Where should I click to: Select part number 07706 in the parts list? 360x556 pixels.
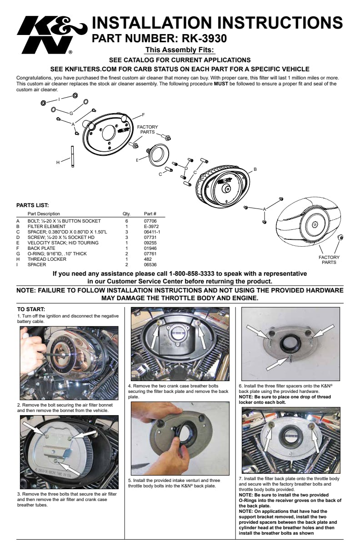[x=150, y=221]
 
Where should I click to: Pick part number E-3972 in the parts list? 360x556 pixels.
[x=151, y=226]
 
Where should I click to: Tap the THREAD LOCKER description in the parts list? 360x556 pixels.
[x=47, y=259]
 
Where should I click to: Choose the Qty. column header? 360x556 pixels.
[x=126, y=213]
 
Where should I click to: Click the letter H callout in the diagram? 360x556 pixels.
[x=58, y=162]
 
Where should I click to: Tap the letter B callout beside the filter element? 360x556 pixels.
[x=255, y=169]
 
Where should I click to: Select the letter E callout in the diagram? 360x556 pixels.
[x=137, y=160]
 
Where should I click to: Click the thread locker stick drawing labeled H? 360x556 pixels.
[x=72, y=156]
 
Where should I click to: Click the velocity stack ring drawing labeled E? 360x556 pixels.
[x=157, y=154]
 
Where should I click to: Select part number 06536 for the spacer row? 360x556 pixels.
[x=150, y=264]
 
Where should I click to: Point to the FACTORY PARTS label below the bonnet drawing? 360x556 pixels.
[x=329, y=260]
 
